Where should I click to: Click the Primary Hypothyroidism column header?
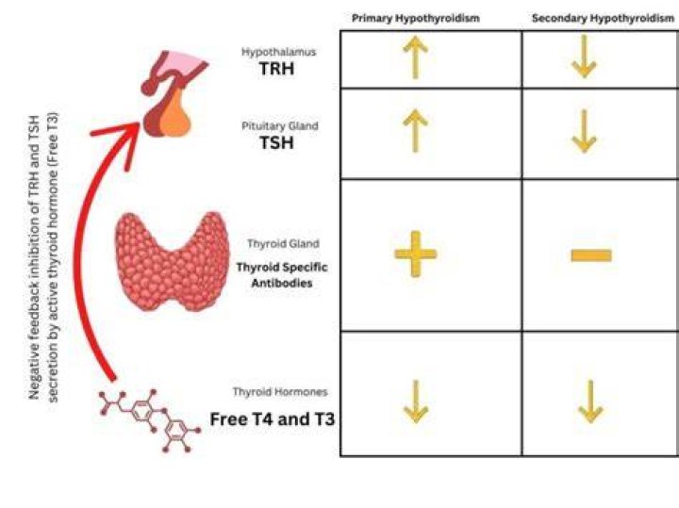[416, 18]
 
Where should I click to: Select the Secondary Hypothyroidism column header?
[603, 18]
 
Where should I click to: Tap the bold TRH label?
[276, 69]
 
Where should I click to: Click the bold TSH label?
[276, 143]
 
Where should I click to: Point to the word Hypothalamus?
[279, 52]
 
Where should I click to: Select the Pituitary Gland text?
[280, 126]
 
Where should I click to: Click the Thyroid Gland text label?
[283, 243]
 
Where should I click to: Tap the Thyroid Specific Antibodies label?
[282, 275]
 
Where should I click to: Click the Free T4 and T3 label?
[273, 419]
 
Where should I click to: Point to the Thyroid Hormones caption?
[280, 392]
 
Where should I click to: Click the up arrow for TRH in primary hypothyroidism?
[415, 57]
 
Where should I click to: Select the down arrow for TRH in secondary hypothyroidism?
[584, 57]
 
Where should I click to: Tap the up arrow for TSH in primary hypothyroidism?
[415, 130]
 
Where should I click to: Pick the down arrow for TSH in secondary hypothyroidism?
[584, 131]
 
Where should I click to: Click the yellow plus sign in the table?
[416, 254]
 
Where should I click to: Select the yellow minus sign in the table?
[591, 255]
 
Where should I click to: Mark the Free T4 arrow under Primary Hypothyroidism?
[416, 402]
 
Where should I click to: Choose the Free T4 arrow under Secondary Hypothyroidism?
[590, 402]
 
